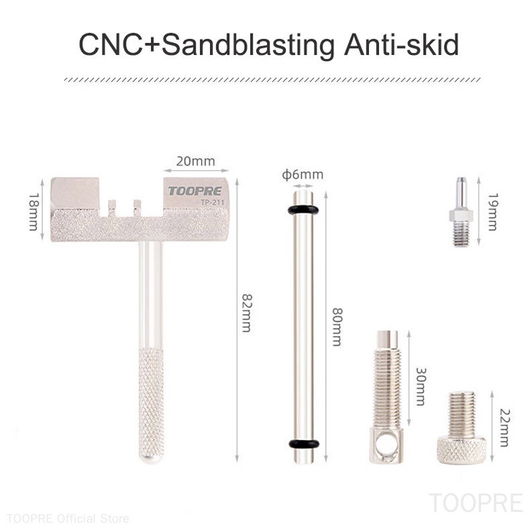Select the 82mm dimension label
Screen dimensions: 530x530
pos(246,312)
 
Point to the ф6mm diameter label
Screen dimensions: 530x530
pos(303,175)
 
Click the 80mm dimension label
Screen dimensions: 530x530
pos(336,325)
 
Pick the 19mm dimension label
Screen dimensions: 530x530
pos(491,211)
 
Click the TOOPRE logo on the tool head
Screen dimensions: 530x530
pos(195,191)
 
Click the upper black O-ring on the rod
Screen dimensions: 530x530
pos(303,210)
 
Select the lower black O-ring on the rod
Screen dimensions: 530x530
pos(303,443)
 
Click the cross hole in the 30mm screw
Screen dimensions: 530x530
pos(383,449)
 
